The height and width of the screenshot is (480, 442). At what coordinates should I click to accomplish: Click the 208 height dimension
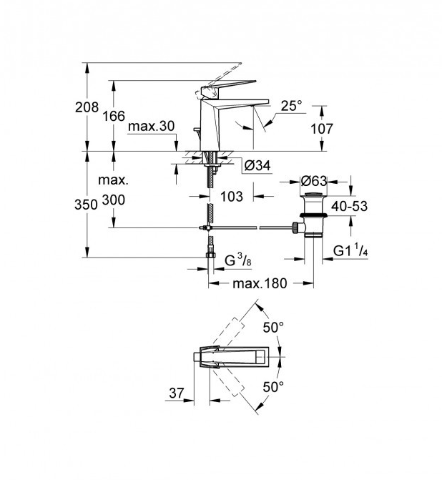pos(87,107)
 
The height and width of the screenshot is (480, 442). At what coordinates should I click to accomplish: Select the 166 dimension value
pos(114,116)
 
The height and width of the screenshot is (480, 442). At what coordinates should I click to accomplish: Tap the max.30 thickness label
pos(151,126)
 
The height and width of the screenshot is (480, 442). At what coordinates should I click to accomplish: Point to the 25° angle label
pos(291,106)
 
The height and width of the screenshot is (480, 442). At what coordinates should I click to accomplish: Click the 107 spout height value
pos(322,129)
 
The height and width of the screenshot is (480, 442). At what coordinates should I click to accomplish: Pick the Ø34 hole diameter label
pos(257,166)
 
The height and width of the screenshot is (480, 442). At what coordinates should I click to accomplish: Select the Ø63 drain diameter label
pos(314,181)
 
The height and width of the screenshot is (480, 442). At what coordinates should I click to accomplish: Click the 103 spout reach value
pos(232,196)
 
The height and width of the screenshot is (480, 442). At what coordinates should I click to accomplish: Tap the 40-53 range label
pos(350,206)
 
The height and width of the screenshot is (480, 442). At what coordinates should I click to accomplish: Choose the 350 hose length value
pos(86,205)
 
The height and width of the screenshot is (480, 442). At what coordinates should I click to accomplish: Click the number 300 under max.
pos(114,200)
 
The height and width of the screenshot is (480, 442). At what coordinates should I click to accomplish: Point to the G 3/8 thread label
pos(238,260)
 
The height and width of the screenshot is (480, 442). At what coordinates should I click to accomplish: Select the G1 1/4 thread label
pos(350,250)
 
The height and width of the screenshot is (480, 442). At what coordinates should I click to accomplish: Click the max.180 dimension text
pos(260,283)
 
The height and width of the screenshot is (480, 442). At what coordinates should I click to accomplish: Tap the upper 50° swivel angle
pos(273,328)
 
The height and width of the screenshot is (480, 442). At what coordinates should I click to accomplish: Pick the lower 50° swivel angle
pos(273,387)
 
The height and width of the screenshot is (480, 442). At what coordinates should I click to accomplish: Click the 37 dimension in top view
pos(177,393)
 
